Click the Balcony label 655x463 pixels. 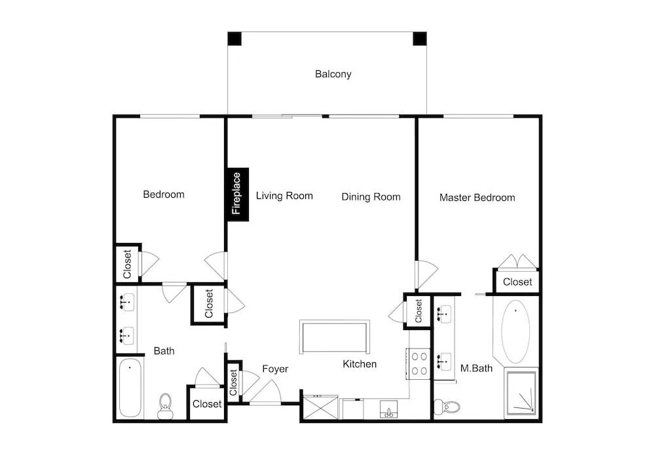pyautogui.click(x=333, y=74)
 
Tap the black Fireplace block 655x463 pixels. pyautogui.click(x=238, y=194)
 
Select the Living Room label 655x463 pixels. pyautogui.click(x=284, y=195)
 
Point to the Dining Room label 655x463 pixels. pyautogui.click(x=371, y=196)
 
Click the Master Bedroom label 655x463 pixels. pyautogui.click(x=477, y=198)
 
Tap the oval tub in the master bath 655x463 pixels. pyautogui.click(x=515, y=331)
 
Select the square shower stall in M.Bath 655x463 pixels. pyautogui.click(x=521, y=393)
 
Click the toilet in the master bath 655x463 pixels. pyautogui.click(x=447, y=406)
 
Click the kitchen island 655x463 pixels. pyautogui.click(x=335, y=337)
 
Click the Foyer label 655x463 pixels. pyautogui.click(x=275, y=369)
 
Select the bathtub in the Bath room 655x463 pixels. pyautogui.click(x=130, y=388)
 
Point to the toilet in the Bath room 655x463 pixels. pyautogui.click(x=166, y=406)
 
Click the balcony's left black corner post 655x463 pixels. pyautogui.click(x=234, y=39)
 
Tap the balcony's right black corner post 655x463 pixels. pyautogui.click(x=420, y=39)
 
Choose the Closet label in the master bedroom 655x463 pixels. pyautogui.click(x=517, y=282)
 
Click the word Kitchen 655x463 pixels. pyautogui.click(x=360, y=364)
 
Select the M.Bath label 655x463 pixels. pyautogui.click(x=476, y=368)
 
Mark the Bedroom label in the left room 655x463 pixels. pyautogui.click(x=163, y=194)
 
